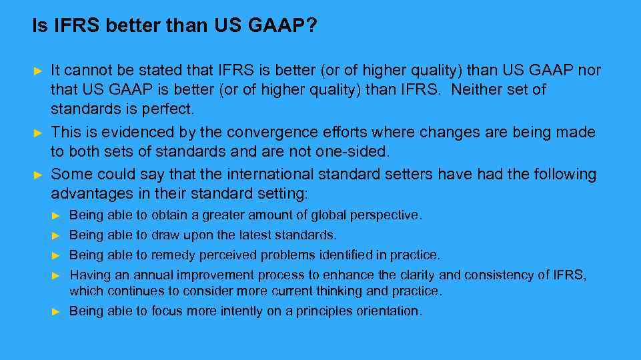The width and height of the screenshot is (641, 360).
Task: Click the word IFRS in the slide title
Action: pyautogui.click(x=63, y=27)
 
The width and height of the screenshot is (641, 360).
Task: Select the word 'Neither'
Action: pyautogui.click(x=478, y=89)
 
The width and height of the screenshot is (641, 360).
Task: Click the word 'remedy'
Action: pyautogui.click(x=170, y=255)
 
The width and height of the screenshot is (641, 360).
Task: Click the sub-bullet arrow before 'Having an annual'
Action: pyautogui.click(x=57, y=275)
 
